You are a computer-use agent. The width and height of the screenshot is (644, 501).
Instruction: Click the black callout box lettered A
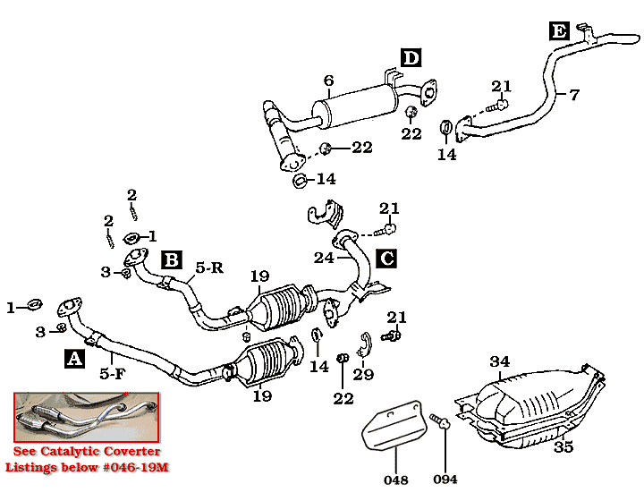[75, 358]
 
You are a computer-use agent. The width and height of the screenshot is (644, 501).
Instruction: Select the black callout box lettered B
[172, 260]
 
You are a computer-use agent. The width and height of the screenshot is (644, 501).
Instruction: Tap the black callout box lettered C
[386, 259]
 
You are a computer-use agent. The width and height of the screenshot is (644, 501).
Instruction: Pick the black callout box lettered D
[410, 59]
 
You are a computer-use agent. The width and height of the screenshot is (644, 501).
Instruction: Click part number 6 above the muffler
[329, 81]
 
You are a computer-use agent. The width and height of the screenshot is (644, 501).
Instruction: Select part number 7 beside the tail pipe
[574, 93]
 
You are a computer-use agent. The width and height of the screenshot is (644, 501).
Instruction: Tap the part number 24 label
[324, 259]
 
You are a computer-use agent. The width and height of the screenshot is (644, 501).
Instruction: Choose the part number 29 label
[363, 375]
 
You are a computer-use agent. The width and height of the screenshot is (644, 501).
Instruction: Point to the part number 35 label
[563, 447]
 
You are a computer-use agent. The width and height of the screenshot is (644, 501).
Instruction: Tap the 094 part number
[445, 480]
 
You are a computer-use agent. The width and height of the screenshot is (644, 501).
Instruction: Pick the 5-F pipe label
[111, 374]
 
